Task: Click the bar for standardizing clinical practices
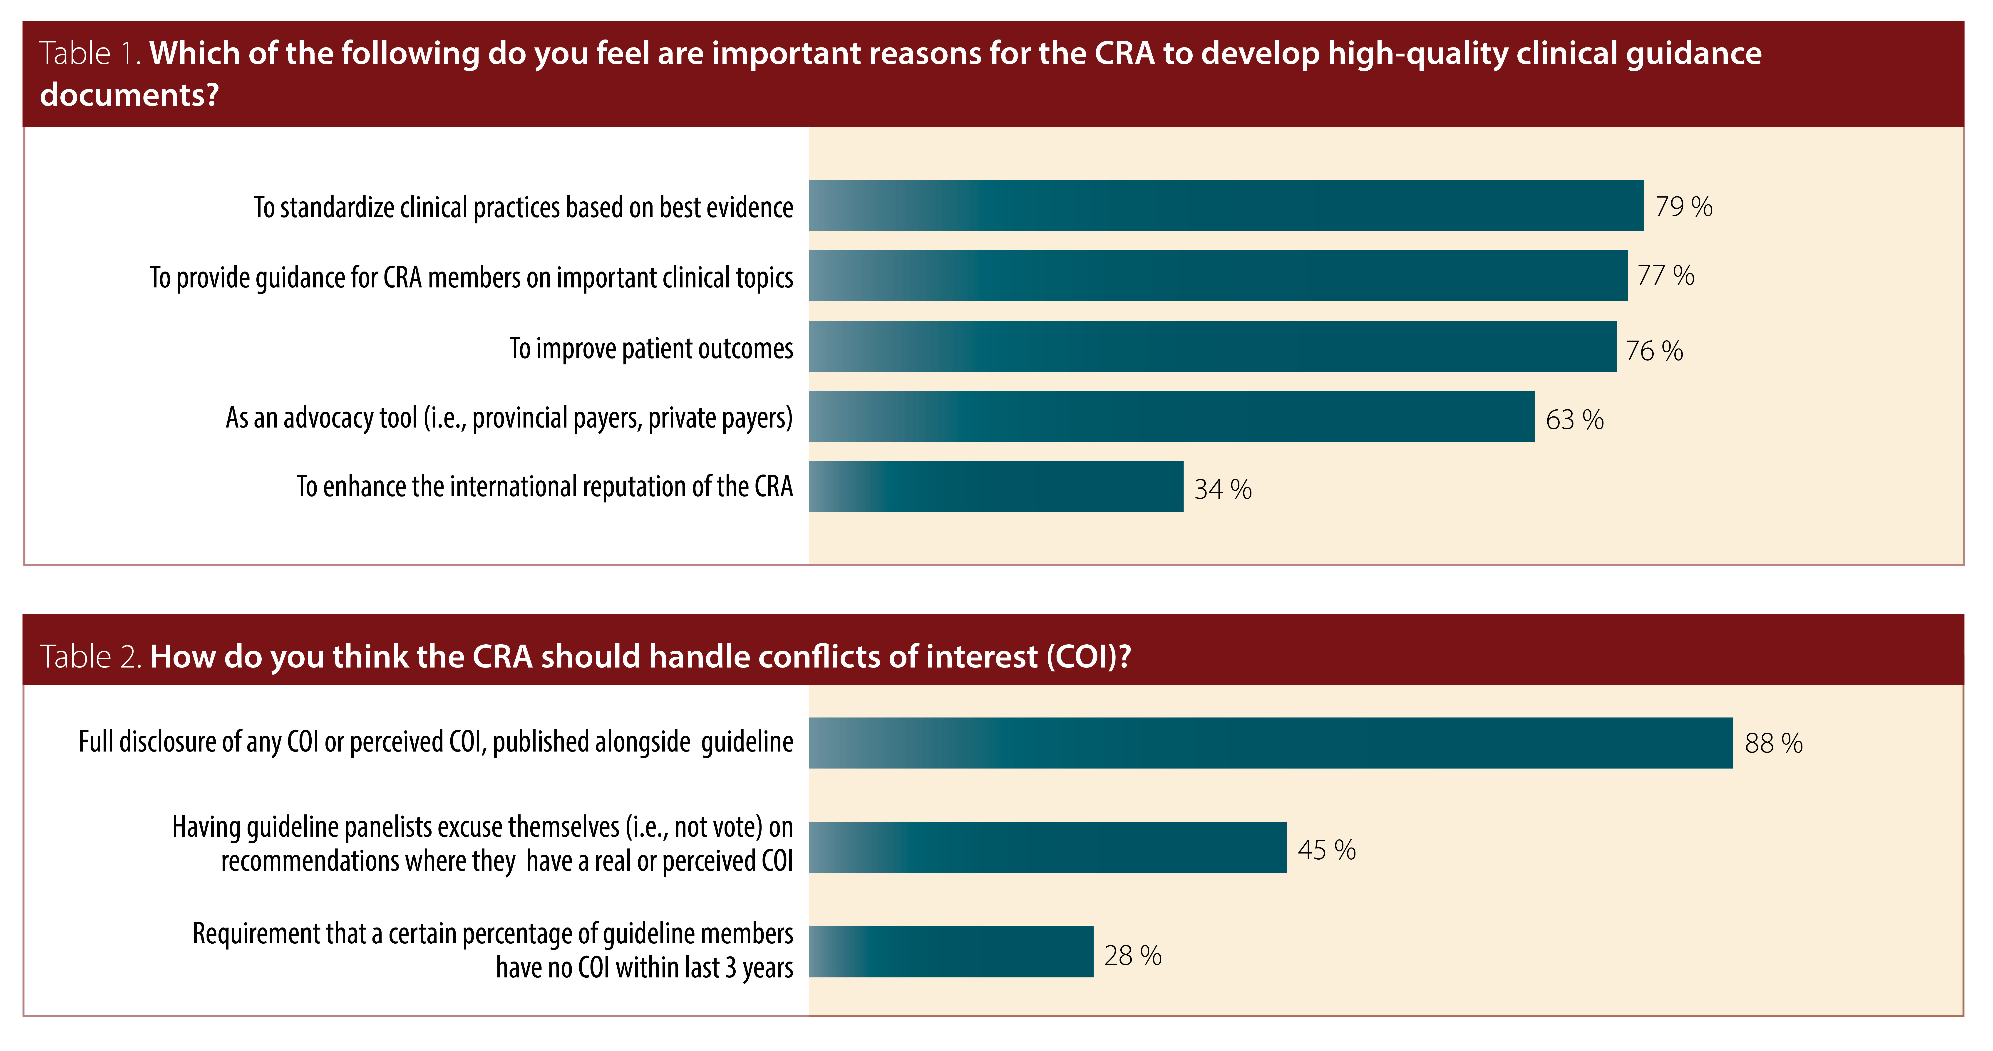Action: (x=1226, y=206)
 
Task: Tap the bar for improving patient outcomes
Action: (x=1212, y=346)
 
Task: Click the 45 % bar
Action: (x=1047, y=848)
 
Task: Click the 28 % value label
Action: (x=1133, y=956)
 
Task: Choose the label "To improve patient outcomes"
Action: (x=651, y=349)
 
